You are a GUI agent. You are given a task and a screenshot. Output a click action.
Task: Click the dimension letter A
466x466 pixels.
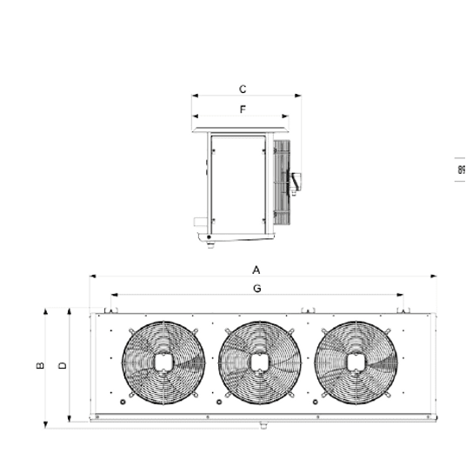click(x=256, y=270)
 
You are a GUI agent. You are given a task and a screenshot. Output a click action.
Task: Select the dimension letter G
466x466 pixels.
click(x=257, y=289)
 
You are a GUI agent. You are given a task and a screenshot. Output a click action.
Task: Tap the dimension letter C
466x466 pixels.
click(x=243, y=90)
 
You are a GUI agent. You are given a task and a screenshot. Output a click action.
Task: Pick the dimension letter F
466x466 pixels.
click(x=243, y=110)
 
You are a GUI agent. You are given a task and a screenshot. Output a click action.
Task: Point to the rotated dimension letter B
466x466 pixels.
click(x=40, y=365)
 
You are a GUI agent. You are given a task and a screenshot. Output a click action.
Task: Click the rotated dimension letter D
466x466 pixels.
click(x=63, y=365)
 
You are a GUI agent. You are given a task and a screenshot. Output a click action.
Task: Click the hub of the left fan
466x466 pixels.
click(x=163, y=363)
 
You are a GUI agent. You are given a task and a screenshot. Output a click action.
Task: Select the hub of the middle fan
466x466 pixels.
click(x=259, y=363)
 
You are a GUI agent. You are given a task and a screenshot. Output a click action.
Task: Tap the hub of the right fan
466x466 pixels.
click(x=356, y=363)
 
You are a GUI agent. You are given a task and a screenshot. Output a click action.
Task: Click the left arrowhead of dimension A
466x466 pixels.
click(x=92, y=276)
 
